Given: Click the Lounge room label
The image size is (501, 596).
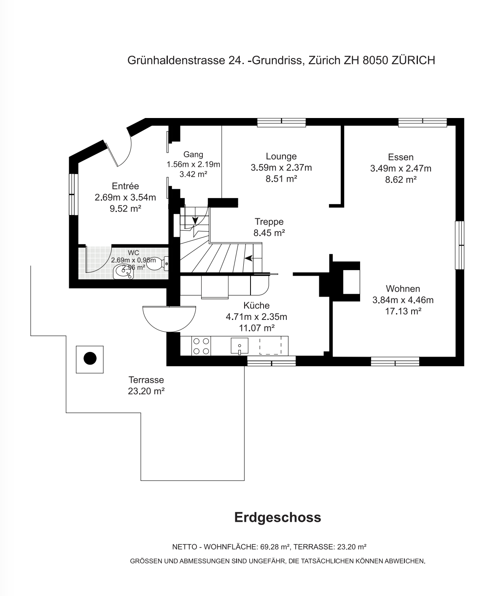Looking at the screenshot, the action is click(281, 156).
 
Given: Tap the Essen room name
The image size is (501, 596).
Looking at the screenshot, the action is click(401, 157).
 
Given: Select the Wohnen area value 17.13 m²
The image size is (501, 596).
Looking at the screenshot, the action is click(403, 311).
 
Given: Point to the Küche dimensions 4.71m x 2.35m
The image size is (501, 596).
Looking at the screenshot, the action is click(256, 317).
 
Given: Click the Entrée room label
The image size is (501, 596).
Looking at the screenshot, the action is click(125, 186).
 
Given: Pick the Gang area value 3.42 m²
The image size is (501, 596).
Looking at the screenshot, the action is click(194, 174).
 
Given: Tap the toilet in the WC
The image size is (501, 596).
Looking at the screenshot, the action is click(159, 263).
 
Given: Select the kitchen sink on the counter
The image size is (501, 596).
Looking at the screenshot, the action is click(240, 346).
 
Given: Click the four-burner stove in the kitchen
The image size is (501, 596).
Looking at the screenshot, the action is click(201, 346).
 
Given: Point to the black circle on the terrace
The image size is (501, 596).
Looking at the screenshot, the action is click(90, 359).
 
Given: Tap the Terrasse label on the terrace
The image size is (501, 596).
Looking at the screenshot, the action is click(146, 380).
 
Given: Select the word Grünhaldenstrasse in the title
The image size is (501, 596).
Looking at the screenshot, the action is click(176, 61).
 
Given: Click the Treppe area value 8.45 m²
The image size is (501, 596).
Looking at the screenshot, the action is click(269, 233).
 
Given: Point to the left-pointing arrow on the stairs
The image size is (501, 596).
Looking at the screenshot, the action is click(248, 258).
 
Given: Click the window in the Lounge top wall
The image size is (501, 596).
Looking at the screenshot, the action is click(281, 122).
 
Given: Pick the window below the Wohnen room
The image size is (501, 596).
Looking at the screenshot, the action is click(395, 362).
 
